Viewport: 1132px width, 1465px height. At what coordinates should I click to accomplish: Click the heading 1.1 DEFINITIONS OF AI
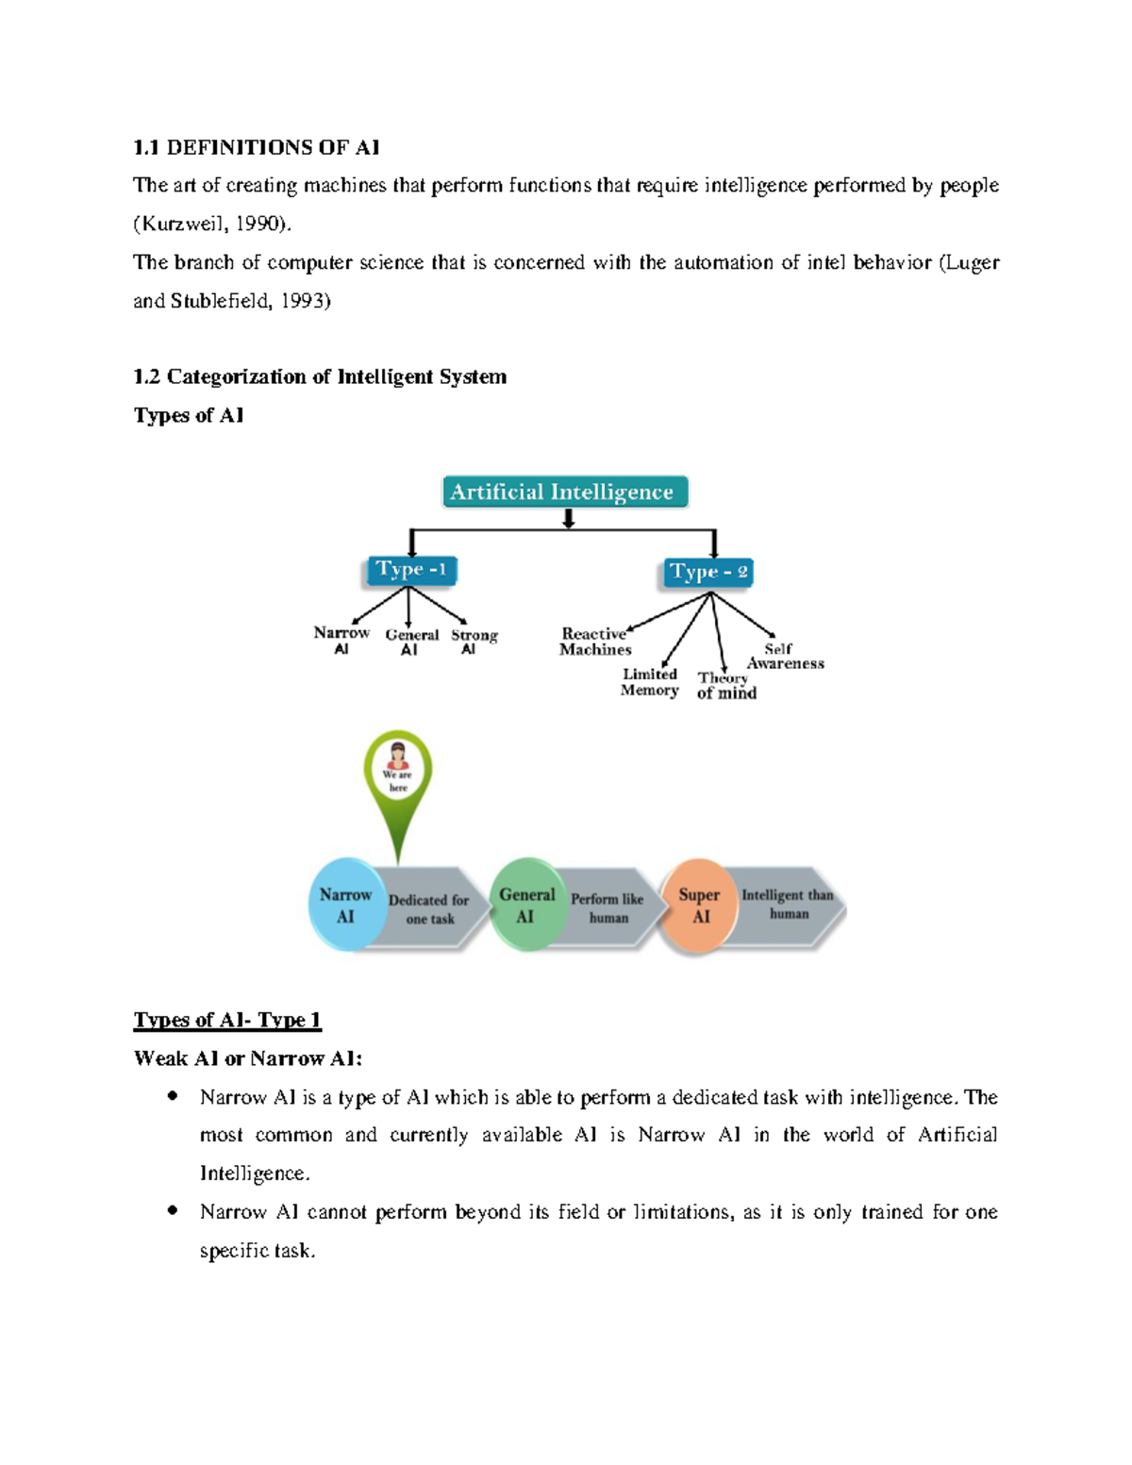coord(256,147)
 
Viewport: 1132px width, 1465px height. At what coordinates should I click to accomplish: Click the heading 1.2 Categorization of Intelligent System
coord(320,376)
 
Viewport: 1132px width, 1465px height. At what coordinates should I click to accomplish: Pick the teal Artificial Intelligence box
coord(564,491)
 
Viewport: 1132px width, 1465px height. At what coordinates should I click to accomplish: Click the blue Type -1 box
coord(411,570)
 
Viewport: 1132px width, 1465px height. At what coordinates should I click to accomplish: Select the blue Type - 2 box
coord(707,572)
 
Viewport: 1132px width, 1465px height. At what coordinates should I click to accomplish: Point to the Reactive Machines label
coord(594,641)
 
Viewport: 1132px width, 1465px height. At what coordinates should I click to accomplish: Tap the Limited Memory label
coord(649,682)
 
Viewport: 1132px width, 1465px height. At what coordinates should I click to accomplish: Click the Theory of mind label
coord(725,686)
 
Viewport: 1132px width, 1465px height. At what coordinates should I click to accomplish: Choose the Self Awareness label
coord(784,656)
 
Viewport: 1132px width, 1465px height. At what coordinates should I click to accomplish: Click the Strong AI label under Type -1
coord(474,641)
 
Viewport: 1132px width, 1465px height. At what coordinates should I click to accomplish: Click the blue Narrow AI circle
coord(345,905)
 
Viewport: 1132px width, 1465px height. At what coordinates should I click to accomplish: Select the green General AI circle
coord(526,905)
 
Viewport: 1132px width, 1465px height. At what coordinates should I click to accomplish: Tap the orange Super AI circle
coord(699,905)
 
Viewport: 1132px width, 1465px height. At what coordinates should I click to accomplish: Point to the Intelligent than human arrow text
coord(788,904)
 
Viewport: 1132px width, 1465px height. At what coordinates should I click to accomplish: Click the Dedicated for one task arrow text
coord(428,908)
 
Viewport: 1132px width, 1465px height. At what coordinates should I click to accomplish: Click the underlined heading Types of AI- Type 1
coord(227,1020)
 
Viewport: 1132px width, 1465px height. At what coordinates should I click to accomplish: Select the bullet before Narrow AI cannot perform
coord(172,1210)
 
